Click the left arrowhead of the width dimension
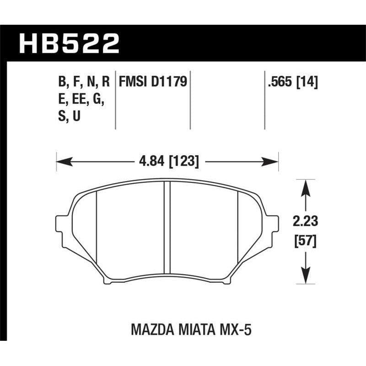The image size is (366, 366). pyautogui.click(x=59, y=161)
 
